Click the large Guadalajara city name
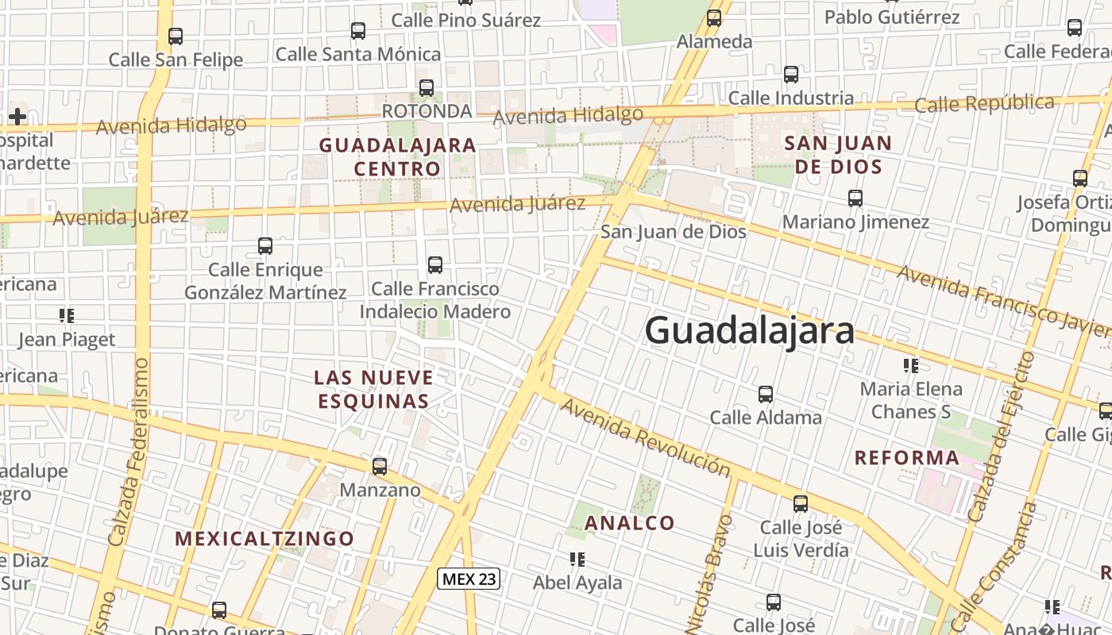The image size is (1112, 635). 749,330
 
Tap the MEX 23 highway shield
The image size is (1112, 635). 469,579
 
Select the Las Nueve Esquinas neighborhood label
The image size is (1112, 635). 374,389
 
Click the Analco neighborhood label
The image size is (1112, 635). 630,523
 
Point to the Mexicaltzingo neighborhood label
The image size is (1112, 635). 264,538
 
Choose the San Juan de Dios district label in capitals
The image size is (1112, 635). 839,155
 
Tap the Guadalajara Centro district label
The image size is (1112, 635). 397,156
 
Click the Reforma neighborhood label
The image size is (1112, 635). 907,458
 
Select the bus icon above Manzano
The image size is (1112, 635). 380,467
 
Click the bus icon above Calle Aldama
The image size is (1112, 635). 766,394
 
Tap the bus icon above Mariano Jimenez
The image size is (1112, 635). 855,198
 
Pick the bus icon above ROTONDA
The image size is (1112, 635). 427,88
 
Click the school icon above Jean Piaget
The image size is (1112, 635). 67,316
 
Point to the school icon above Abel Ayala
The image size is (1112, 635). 577,560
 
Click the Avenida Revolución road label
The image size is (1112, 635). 645,438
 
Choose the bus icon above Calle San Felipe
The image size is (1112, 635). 176,37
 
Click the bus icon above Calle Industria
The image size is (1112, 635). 791,75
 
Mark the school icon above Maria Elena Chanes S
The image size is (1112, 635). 911,366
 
